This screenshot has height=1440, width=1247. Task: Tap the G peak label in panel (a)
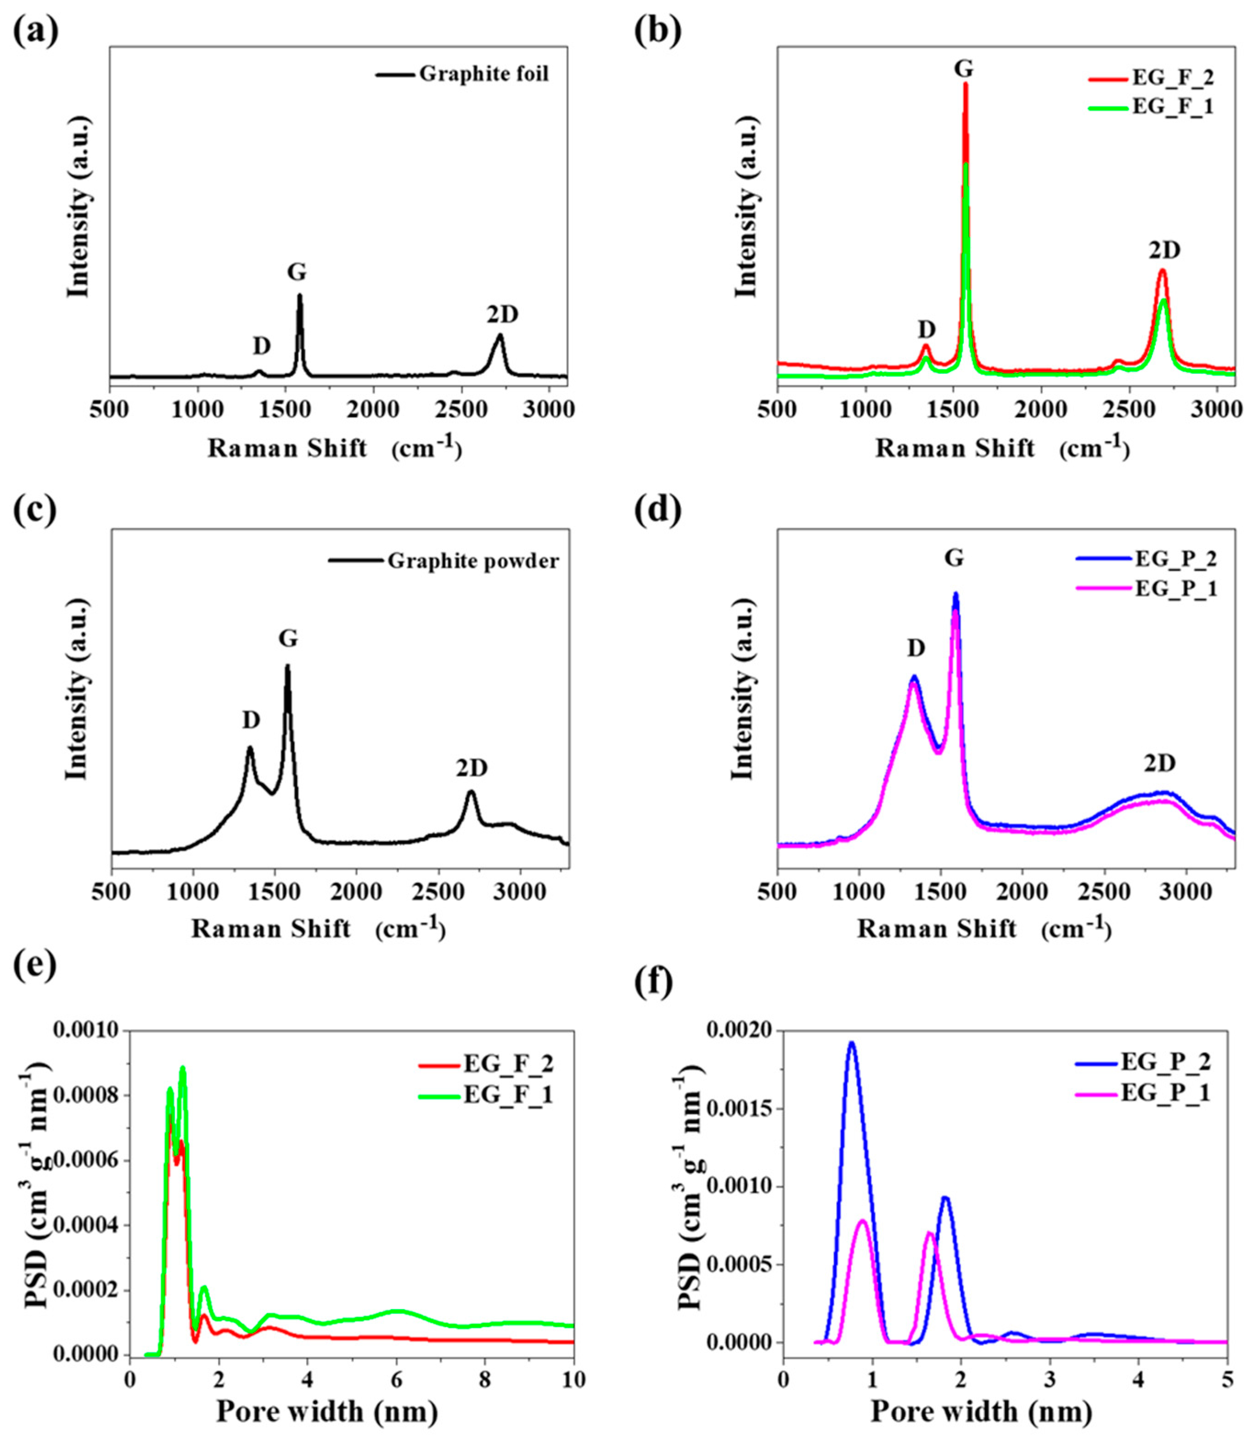pos(297,272)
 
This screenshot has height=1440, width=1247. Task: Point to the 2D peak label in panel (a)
pos(502,315)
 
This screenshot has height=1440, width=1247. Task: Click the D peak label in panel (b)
pos(926,328)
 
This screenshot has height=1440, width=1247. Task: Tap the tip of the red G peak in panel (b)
pos(965,84)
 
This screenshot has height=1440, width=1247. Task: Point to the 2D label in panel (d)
pos(1160,764)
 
